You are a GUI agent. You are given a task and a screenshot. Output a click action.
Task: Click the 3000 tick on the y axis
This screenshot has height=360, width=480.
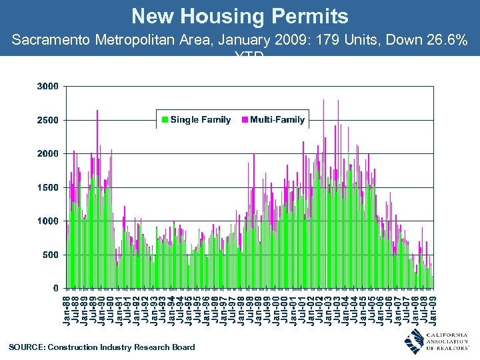(x=47, y=86)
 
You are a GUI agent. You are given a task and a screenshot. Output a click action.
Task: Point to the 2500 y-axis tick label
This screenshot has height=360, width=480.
(x=47, y=120)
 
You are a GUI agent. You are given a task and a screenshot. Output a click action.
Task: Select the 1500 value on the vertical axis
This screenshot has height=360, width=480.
(x=47, y=187)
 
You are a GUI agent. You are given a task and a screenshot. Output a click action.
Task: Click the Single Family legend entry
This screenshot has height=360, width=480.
(x=200, y=120)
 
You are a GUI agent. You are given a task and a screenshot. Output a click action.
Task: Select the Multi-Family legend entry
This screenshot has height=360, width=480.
(x=277, y=120)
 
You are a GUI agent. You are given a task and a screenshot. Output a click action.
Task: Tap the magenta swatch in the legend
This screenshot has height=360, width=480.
(x=245, y=120)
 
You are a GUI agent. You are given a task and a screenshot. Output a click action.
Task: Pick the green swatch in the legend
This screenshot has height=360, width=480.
(x=165, y=120)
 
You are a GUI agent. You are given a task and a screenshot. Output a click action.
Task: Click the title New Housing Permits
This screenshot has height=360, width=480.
(x=239, y=16)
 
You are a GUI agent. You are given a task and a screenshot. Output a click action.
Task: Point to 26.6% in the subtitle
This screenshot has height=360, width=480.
(x=443, y=41)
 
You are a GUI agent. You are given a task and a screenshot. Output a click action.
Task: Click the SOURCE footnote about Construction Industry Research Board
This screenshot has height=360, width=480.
(x=102, y=347)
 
